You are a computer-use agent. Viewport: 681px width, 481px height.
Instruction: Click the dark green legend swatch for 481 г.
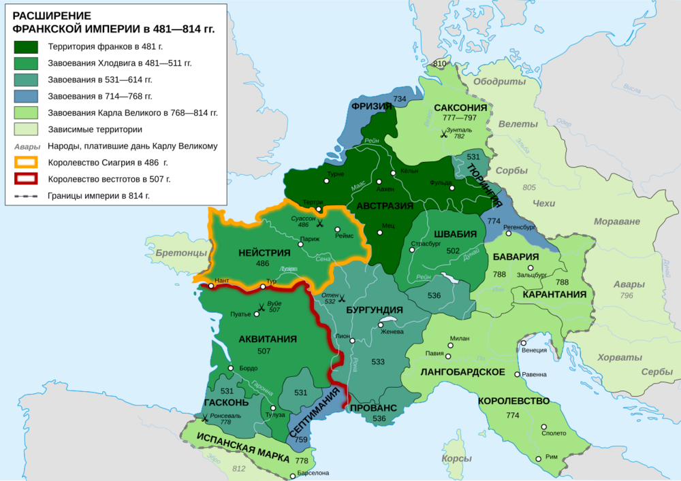[x=27, y=47]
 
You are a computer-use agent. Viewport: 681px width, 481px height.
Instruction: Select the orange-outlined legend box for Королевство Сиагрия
[x=27, y=163]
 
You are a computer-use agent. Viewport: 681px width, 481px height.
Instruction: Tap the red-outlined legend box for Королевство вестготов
[x=27, y=179]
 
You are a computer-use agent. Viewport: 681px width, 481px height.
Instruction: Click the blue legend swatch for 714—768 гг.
[x=27, y=97]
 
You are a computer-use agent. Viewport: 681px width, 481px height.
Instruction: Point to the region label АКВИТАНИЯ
[x=268, y=339]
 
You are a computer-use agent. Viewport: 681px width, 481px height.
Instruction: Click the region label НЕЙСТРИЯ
[x=262, y=252]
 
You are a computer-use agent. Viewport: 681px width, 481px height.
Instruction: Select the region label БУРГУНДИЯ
[x=375, y=310]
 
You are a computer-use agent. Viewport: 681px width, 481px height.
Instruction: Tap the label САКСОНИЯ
[x=460, y=107]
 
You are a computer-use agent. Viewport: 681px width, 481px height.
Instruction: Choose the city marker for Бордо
[x=232, y=368]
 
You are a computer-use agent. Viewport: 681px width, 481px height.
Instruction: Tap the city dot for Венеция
[x=524, y=351]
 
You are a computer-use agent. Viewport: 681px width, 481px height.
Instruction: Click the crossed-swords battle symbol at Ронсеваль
[x=204, y=420]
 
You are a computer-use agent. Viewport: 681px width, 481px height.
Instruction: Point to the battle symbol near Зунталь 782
[x=444, y=134]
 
